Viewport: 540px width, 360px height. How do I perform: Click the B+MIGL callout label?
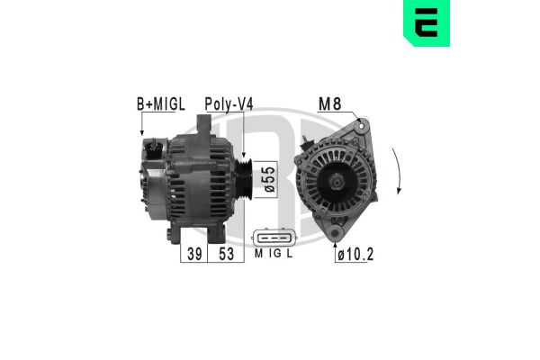(x=160, y=103)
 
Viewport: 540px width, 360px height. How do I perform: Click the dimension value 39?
(x=193, y=254)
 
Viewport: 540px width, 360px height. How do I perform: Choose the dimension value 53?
(x=226, y=254)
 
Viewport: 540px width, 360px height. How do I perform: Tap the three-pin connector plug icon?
(x=274, y=237)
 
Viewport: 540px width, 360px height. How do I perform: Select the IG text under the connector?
(x=274, y=255)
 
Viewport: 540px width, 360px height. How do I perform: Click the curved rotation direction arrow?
(x=399, y=176)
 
